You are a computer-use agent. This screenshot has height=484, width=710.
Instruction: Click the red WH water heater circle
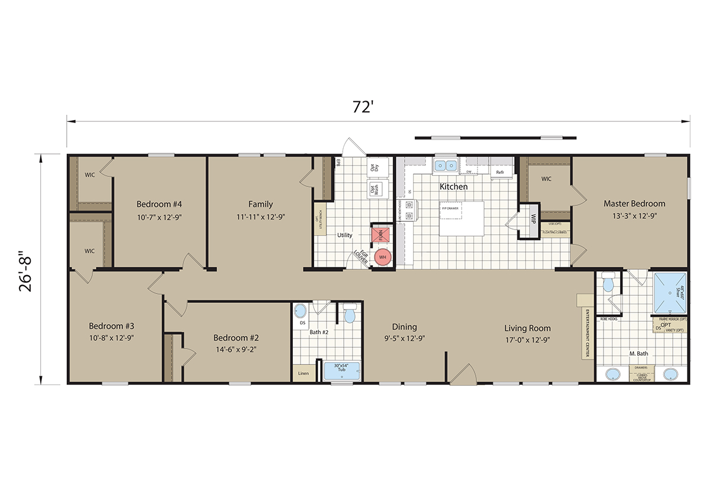(382, 257)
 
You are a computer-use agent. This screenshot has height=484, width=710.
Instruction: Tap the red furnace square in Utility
(380, 235)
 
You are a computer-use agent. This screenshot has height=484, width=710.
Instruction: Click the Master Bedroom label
(634, 204)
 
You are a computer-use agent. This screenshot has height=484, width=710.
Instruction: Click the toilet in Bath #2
(349, 314)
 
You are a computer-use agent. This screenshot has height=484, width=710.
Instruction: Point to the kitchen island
(461, 210)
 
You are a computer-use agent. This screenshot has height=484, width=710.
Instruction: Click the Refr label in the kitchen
(500, 172)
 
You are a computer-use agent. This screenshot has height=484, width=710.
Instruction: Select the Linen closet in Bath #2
(303, 373)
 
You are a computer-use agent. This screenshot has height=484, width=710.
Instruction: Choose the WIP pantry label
(533, 218)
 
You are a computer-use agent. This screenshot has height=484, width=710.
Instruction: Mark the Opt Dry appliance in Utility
(374, 167)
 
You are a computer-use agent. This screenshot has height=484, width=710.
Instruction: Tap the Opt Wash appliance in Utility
(374, 189)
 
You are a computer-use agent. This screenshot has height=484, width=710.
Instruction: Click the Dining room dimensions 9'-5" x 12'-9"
(404, 338)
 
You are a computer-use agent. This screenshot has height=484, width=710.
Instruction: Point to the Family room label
(260, 204)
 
